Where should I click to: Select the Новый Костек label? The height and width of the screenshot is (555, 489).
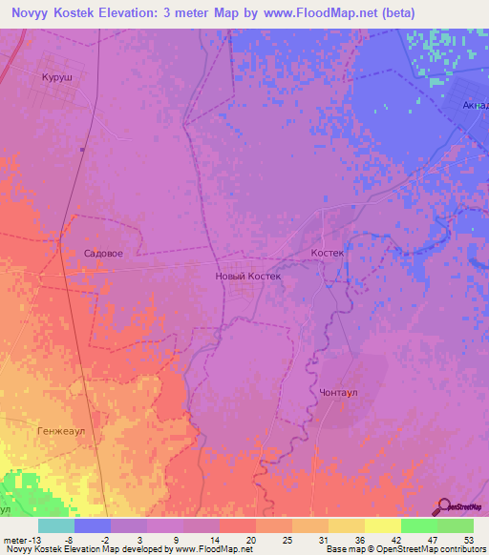[x=248, y=276]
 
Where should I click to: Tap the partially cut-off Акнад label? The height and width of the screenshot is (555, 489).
[x=474, y=105]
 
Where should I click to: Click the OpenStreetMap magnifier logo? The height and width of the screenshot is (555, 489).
[x=445, y=506]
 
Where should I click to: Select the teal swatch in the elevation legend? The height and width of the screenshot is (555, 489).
[x=56, y=525]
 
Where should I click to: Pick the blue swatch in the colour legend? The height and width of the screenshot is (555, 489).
[x=93, y=525]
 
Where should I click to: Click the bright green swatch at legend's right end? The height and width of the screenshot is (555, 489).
[x=456, y=525]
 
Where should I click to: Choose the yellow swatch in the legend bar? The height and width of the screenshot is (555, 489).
[x=383, y=525]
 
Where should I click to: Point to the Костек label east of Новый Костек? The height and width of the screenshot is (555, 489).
[x=327, y=254]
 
